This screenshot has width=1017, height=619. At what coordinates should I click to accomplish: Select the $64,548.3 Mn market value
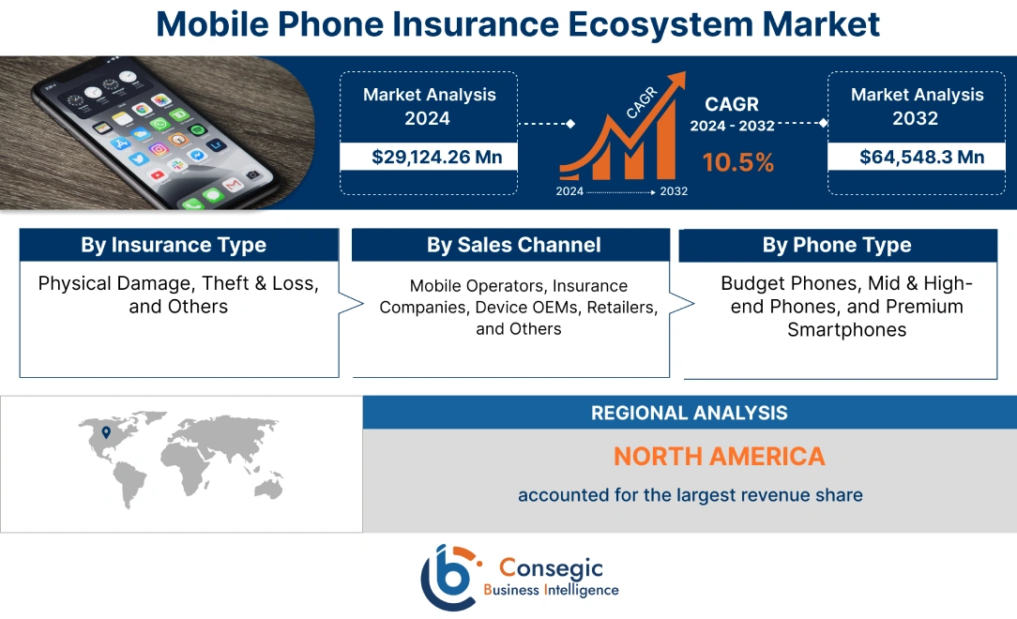click(916, 157)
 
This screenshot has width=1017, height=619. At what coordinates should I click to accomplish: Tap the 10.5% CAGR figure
click(738, 162)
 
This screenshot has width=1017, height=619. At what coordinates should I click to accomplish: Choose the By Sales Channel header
click(513, 245)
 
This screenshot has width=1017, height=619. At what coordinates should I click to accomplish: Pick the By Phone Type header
click(837, 245)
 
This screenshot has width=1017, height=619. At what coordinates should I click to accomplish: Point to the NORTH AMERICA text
click(719, 457)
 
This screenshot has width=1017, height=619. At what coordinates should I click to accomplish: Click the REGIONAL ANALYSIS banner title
click(689, 413)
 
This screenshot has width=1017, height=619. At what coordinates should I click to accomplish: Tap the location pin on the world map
click(106, 432)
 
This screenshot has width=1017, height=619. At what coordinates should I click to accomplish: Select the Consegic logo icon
click(452, 576)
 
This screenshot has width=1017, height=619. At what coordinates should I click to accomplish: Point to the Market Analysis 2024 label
click(429, 106)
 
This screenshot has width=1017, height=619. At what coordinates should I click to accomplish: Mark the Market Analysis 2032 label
click(916, 106)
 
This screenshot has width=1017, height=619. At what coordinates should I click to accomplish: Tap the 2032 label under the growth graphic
click(673, 191)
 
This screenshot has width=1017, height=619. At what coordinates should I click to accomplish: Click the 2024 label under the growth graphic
click(569, 191)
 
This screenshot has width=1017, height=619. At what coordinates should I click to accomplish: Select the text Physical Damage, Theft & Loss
click(178, 283)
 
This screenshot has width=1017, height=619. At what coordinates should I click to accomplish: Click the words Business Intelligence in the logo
click(551, 590)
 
